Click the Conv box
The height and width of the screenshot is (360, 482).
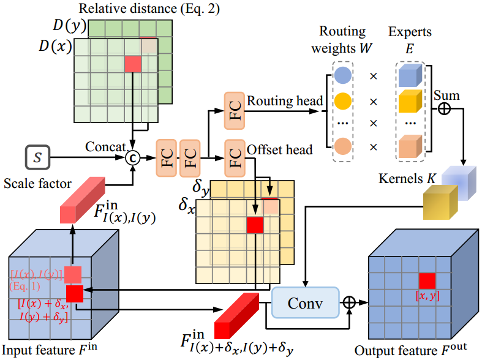(305, 302)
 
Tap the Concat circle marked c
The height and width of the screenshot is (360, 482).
(132, 158)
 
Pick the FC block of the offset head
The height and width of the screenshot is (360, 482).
(233, 152)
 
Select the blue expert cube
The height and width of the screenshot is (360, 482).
(409, 76)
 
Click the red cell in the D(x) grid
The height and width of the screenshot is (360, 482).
(132, 64)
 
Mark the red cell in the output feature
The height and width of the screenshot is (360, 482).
(427, 281)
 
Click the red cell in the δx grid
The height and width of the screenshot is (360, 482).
(254, 225)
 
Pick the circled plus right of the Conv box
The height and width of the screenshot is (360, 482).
(349, 302)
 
